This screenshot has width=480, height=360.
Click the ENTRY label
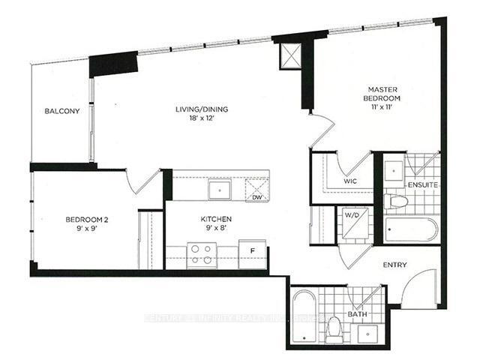(394, 265)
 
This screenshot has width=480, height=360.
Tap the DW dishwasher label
(256, 198)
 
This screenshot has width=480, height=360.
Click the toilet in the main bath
(335, 327)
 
